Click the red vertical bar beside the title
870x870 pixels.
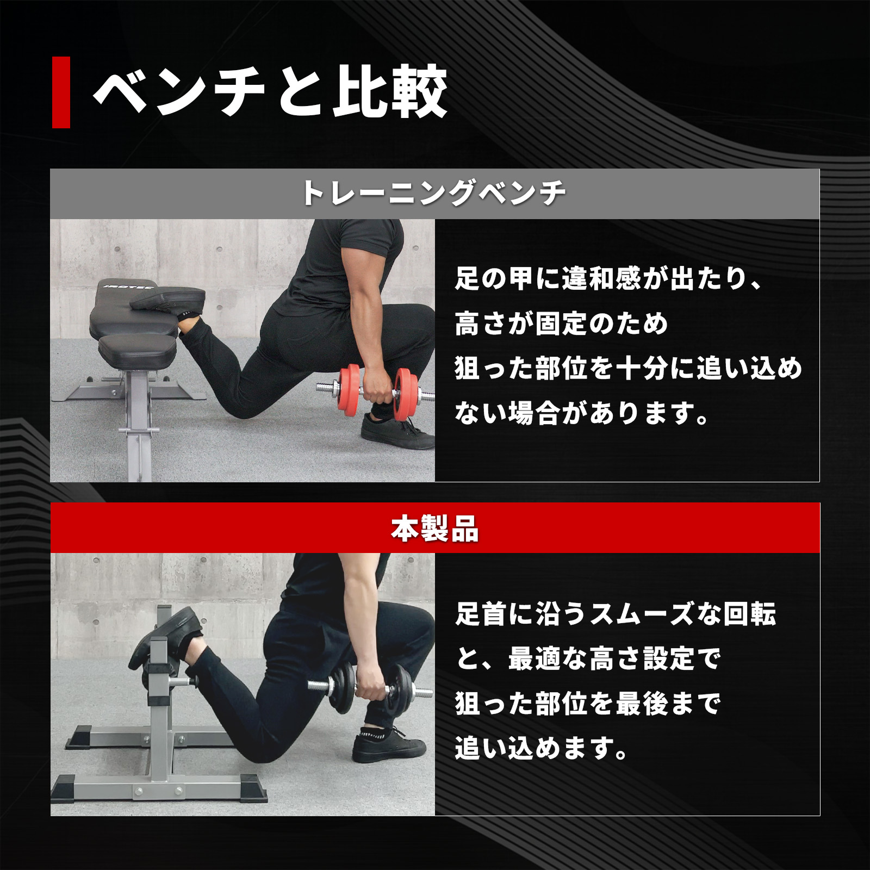point(61,92)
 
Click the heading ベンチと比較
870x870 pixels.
point(270,92)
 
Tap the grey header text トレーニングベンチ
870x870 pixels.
point(434,194)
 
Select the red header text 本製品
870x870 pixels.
point(434,529)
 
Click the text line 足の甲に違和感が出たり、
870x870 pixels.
point(609,279)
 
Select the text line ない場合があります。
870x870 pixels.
point(582,414)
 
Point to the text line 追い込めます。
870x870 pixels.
point(542,749)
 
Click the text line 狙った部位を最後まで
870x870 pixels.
point(587,704)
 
